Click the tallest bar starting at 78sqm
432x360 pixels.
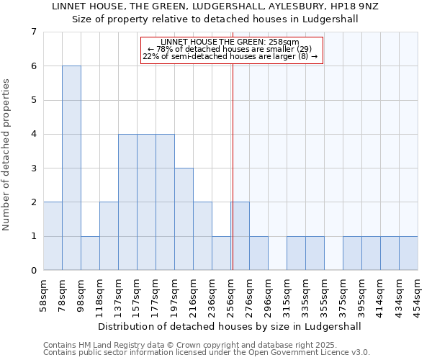point(71,168)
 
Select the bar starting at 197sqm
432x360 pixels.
point(184,219)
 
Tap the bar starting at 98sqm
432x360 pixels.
point(90,253)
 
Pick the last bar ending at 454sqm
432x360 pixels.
point(408,253)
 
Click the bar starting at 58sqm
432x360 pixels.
point(53,236)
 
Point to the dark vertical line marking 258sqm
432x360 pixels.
point(233,166)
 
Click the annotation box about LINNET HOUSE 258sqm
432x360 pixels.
point(230,50)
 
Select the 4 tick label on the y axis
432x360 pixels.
point(33,134)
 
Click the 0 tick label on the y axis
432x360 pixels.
point(33,271)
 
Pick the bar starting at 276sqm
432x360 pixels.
point(258,253)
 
